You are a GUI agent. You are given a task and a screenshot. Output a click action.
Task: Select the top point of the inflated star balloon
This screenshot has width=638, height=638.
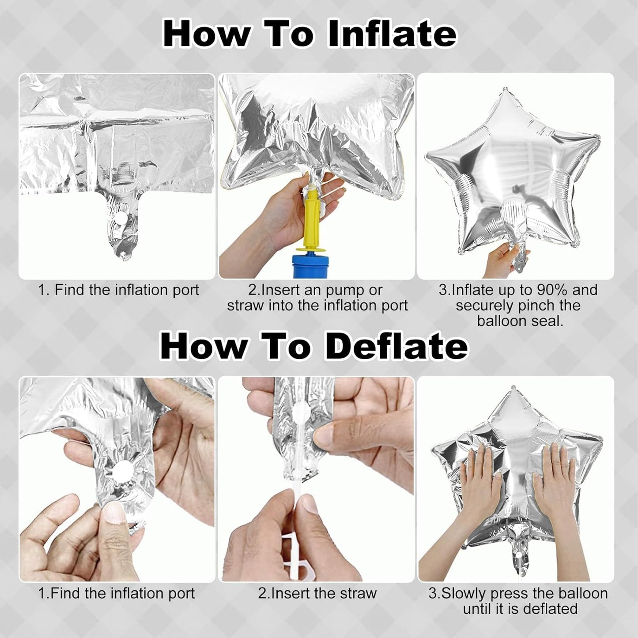tap(506, 89)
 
